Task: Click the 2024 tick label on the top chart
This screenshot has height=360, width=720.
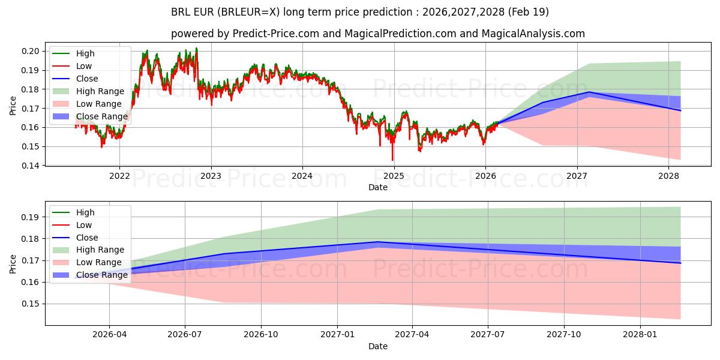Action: (302, 176)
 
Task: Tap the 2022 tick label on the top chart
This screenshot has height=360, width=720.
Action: (119, 176)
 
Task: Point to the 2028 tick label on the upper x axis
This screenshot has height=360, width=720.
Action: (668, 176)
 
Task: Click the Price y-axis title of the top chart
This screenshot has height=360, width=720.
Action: (13, 106)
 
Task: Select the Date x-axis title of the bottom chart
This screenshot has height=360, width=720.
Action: (378, 346)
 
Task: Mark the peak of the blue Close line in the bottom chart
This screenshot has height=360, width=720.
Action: (377, 242)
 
